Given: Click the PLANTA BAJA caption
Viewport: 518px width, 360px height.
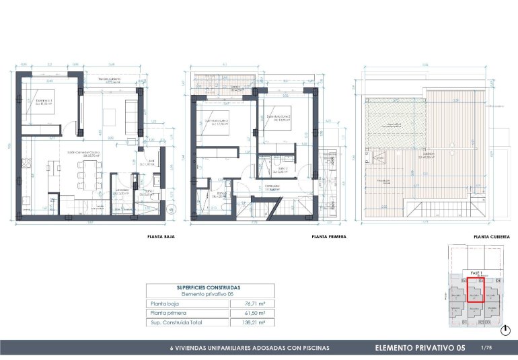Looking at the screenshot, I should [x=161, y=238].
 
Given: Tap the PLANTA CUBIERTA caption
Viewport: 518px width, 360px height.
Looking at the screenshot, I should [x=491, y=238].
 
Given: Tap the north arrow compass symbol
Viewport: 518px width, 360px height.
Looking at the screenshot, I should [x=505, y=329].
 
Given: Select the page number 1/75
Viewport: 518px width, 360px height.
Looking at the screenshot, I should [x=487, y=347].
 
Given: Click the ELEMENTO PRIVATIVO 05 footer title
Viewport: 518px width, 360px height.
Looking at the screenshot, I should [x=419, y=348].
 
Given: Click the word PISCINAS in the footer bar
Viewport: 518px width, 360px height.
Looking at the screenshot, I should [x=313, y=349].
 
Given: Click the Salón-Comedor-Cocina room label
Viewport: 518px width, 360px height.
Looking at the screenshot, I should [x=79, y=153].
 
